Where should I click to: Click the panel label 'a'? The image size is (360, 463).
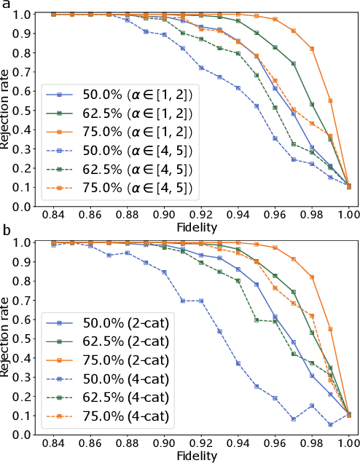coord(6,5)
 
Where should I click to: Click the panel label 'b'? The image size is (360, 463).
coord(6,232)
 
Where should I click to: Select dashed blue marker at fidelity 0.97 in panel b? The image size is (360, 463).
coord(293,419)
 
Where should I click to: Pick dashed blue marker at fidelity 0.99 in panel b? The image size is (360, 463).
coord(330,424)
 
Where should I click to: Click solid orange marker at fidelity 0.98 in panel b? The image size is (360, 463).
coord(312,277)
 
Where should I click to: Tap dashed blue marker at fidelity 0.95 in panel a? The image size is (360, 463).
coord(256,106)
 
